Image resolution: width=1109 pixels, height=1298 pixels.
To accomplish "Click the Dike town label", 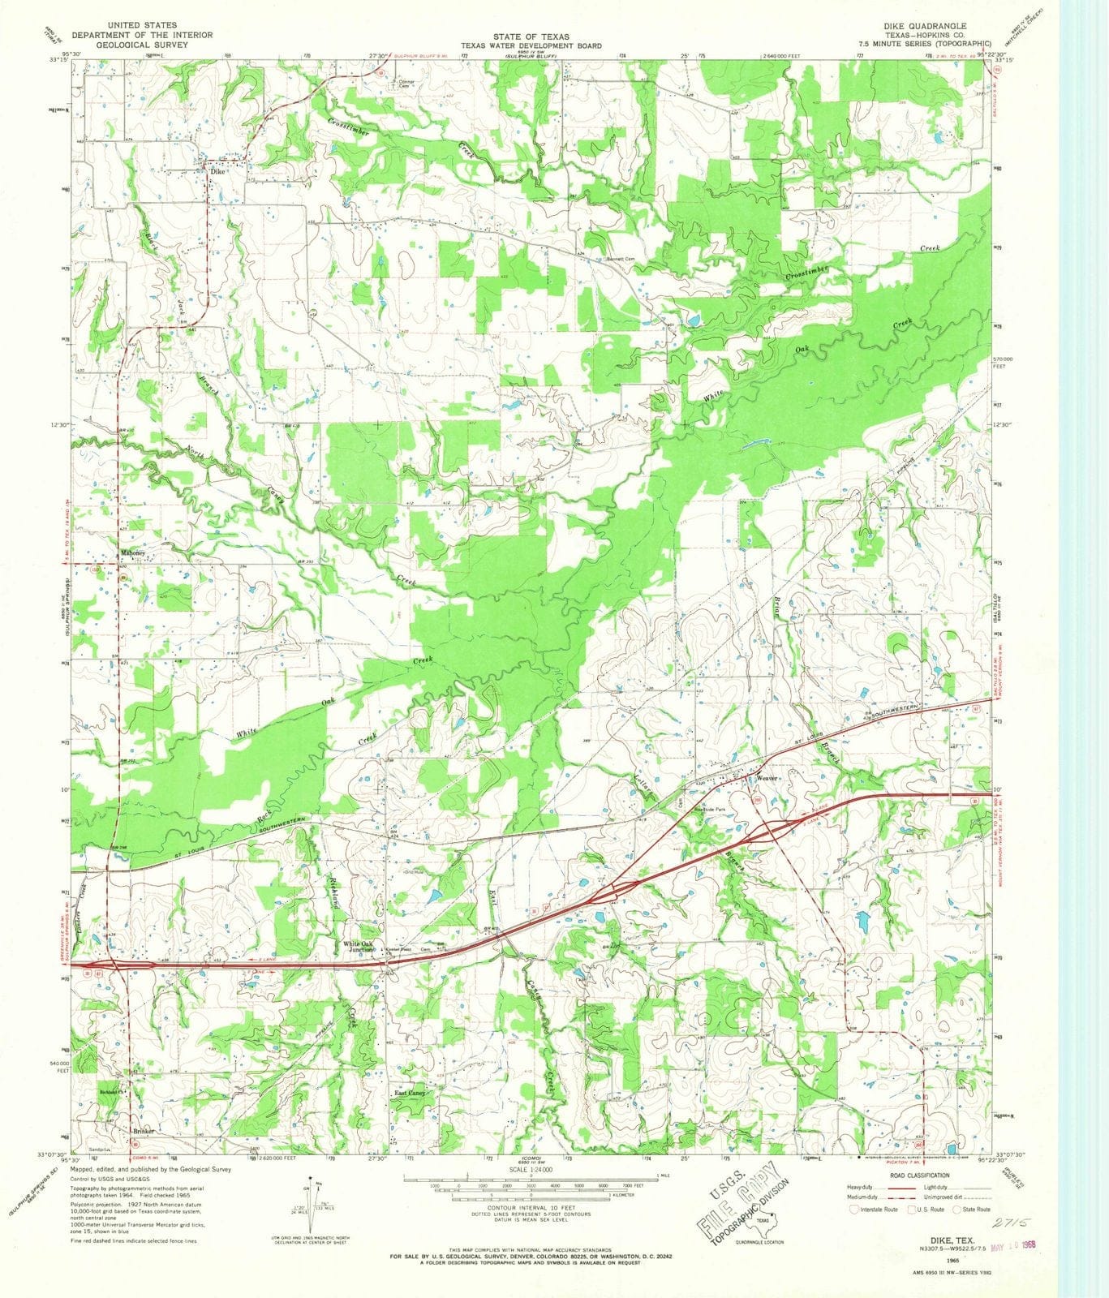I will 216,172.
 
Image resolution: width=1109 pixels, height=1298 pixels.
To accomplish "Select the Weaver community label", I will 767,778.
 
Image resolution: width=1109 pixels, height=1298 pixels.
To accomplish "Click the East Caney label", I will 410,1094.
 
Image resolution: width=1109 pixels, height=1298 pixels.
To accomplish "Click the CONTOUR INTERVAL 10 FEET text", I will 538,1207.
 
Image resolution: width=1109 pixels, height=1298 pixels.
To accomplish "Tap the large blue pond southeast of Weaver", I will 862,919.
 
